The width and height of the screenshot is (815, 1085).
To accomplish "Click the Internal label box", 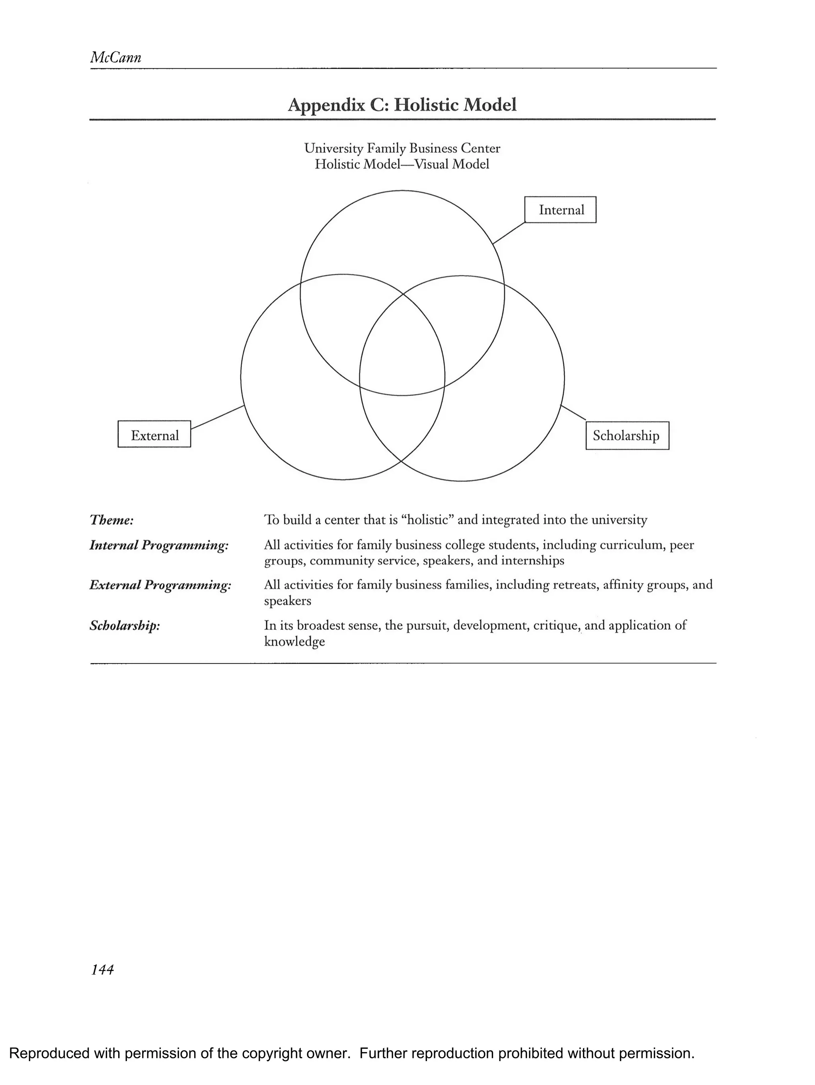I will (x=560, y=210).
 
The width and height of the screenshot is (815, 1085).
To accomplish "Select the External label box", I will (x=154, y=434).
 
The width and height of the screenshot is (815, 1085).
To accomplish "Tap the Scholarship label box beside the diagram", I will (x=627, y=436).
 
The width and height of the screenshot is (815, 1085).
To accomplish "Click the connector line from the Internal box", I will (x=509, y=233).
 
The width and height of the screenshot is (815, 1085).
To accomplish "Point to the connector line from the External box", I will (x=217, y=417).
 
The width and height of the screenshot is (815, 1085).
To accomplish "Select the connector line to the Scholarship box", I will (x=573, y=413).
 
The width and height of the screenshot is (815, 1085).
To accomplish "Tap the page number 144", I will (x=102, y=969).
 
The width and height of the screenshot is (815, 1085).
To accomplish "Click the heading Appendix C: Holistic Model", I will (x=402, y=105).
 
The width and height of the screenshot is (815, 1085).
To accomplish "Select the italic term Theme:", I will (x=111, y=520).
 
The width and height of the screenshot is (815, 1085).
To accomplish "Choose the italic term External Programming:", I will (x=160, y=585).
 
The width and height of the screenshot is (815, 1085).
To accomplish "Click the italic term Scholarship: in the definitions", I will (x=125, y=626).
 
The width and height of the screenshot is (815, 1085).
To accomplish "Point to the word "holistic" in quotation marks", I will (x=427, y=520).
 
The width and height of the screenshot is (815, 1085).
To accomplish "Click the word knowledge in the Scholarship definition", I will (x=294, y=642).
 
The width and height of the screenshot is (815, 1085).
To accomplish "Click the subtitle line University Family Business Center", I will (x=402, y=148).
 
